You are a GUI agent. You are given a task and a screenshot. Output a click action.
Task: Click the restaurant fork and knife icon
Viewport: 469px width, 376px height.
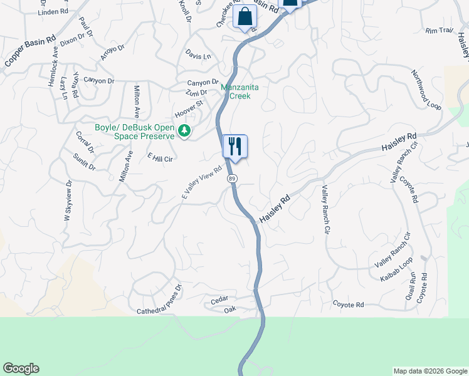235,147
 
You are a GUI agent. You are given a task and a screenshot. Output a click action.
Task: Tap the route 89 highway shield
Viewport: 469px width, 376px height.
232,179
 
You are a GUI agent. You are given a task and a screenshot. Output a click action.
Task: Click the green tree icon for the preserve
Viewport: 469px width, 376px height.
184,131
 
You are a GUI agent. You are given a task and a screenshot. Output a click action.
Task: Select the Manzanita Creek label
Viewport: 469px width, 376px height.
236,91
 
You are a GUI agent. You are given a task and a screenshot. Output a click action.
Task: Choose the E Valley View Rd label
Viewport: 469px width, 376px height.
202,183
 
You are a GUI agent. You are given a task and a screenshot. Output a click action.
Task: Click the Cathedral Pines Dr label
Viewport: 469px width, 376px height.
159,300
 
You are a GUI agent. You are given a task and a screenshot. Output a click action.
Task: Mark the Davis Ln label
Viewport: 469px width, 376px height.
198,56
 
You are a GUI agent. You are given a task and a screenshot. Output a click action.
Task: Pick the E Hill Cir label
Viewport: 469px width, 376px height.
159,158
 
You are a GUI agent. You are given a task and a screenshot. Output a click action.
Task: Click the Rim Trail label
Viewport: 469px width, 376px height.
438,30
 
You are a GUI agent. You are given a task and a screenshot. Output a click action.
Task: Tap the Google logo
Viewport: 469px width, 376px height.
21,368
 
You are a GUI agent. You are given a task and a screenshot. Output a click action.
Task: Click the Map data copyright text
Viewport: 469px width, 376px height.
429,371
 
